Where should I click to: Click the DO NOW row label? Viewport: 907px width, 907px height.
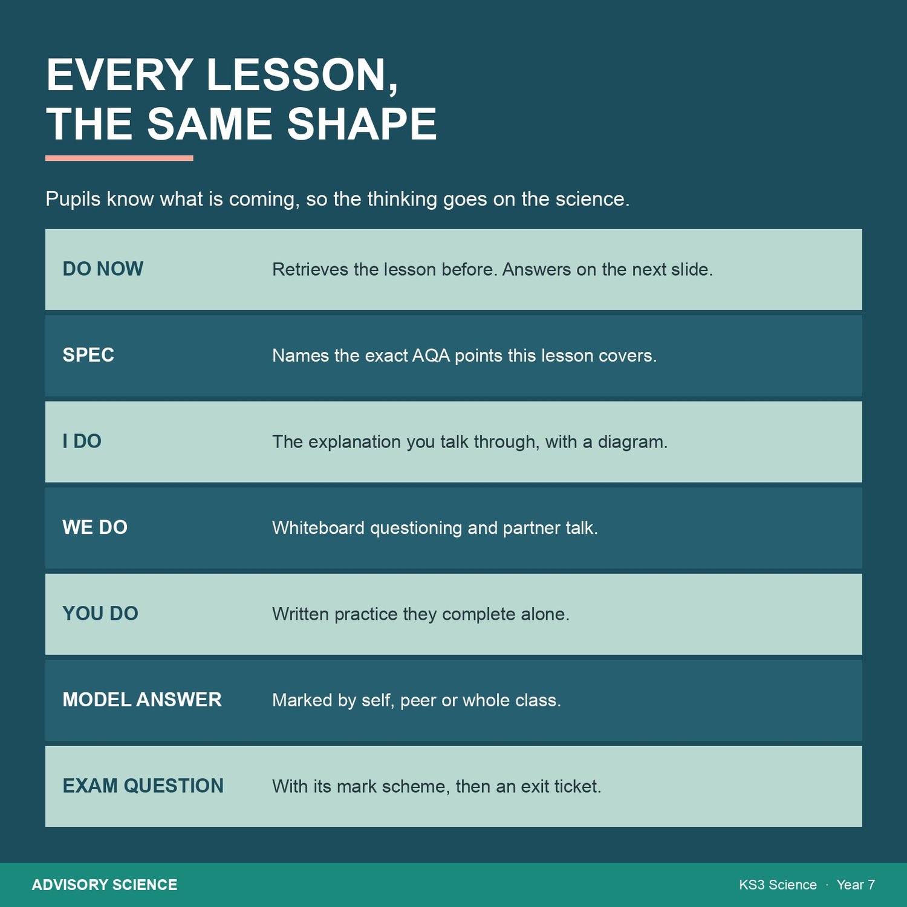pos(103,269)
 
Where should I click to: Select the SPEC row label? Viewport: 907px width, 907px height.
pos(88,355)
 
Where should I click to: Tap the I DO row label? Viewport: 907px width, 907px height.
pos(82,441)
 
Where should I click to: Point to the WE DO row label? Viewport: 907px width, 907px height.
pos(95,527)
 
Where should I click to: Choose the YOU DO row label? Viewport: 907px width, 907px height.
pos(100,614)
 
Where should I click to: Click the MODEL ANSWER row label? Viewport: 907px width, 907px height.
pos(142,700)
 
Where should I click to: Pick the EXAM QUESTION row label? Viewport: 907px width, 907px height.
pos(143,786)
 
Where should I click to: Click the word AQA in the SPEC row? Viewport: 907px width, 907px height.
pos(431,356)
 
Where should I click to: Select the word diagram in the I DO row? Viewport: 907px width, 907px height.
pos(632,442)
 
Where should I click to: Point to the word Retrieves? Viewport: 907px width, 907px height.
pos(310,270)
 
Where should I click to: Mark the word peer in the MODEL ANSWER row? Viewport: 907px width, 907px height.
pos(418,701)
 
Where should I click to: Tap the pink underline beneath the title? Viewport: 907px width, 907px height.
pos(119,158)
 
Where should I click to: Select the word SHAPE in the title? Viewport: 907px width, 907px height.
pos(362,125)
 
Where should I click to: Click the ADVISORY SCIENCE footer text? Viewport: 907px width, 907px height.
pos(105,885)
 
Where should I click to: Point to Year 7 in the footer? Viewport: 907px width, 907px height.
pos(856,885)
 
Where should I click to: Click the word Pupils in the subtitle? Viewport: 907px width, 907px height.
pos(73,199)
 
